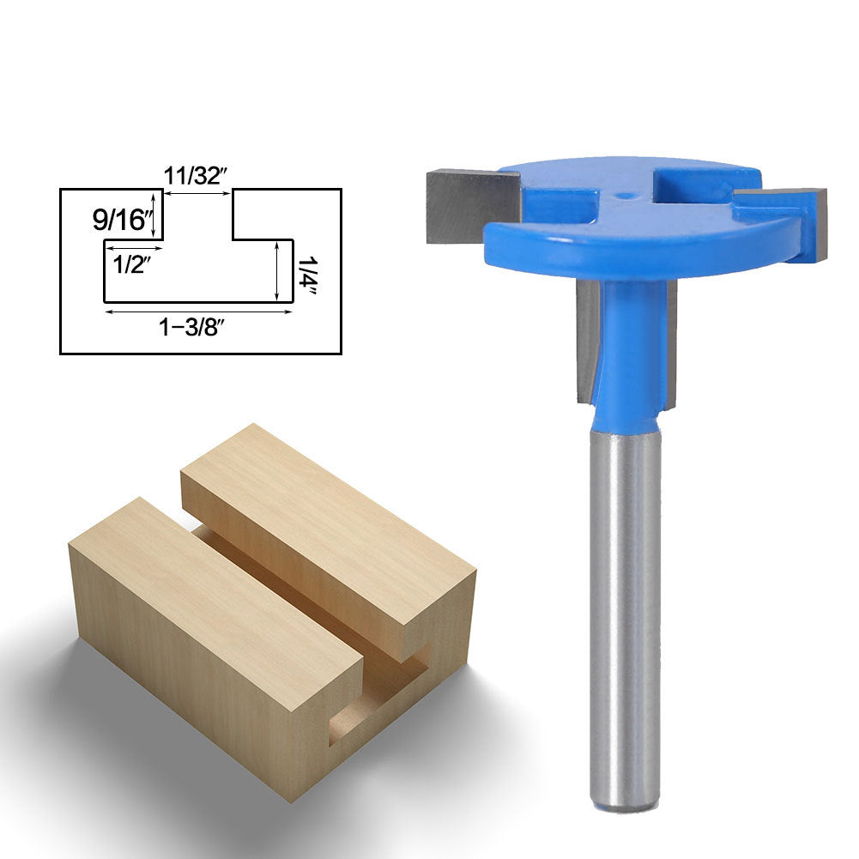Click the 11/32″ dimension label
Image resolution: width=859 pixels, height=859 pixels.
(196, 176)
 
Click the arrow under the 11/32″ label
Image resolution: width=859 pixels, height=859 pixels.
(197, 194)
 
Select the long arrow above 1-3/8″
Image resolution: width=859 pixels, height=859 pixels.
(198, 312)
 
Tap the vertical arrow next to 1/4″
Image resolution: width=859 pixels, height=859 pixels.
(277, 271)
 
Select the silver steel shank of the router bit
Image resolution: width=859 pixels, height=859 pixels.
(625, 601)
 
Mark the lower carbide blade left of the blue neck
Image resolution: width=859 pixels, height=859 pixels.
(587, 343)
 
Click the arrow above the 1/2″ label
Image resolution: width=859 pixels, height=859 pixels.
(133, 248)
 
